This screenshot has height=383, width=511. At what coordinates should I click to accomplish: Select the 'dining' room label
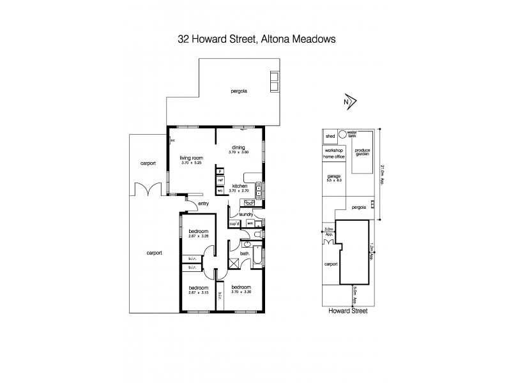(x=238, y=149)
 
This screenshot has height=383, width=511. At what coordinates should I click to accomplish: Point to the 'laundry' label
(x=247, y=215)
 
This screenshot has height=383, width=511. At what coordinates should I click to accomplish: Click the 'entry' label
(x=204, y=204)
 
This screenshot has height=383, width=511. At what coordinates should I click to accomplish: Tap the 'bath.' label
(x=244, y=253)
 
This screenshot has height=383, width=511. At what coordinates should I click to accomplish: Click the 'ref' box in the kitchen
(x=220, y=181)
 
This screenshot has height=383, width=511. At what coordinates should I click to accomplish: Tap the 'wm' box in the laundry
(x=250, y=223)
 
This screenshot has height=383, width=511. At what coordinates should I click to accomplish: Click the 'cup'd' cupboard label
(x=234, y=223)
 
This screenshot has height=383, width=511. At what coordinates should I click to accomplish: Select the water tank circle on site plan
(x=342, y=135)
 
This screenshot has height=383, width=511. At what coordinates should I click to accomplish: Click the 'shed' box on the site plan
(x=330, y=136)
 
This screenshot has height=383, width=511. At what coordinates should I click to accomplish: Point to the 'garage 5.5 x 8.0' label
(x=334, y=177)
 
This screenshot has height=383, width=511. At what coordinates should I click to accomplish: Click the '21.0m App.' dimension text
(x=382, y=172)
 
